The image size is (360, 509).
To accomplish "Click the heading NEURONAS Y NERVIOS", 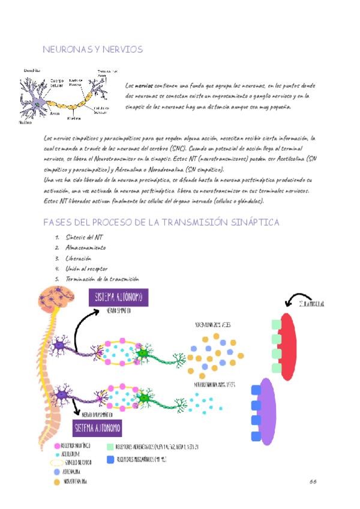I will coord(93,49).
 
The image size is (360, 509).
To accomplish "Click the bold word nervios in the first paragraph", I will coord(143,86).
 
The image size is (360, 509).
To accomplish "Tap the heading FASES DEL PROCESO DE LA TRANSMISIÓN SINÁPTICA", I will coord(161,222).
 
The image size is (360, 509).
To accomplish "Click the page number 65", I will coord(313,481).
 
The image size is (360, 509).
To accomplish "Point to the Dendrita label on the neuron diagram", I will coord(32,71).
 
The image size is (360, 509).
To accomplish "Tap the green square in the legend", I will coord(110,447).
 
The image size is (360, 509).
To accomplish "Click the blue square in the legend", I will coord(110,459).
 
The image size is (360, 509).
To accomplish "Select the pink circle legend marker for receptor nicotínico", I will coord(56,447).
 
